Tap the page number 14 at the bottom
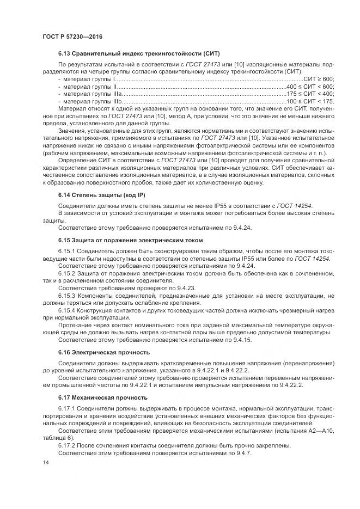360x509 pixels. (45, 462)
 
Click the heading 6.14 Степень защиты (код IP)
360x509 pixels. (102, 194)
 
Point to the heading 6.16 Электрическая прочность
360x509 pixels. (103, 352)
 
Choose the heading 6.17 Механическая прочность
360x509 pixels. (102, 397)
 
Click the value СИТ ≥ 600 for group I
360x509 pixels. (318, 79)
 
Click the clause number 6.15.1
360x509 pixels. (68, 252)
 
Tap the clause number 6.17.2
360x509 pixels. (68, 445)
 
